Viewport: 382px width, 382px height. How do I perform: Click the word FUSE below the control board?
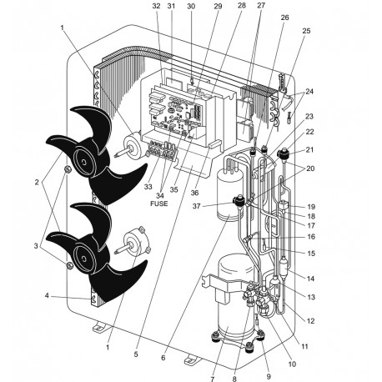[159, 203]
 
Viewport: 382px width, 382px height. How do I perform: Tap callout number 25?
[305, 31]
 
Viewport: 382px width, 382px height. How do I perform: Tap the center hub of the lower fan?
[84, 251]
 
